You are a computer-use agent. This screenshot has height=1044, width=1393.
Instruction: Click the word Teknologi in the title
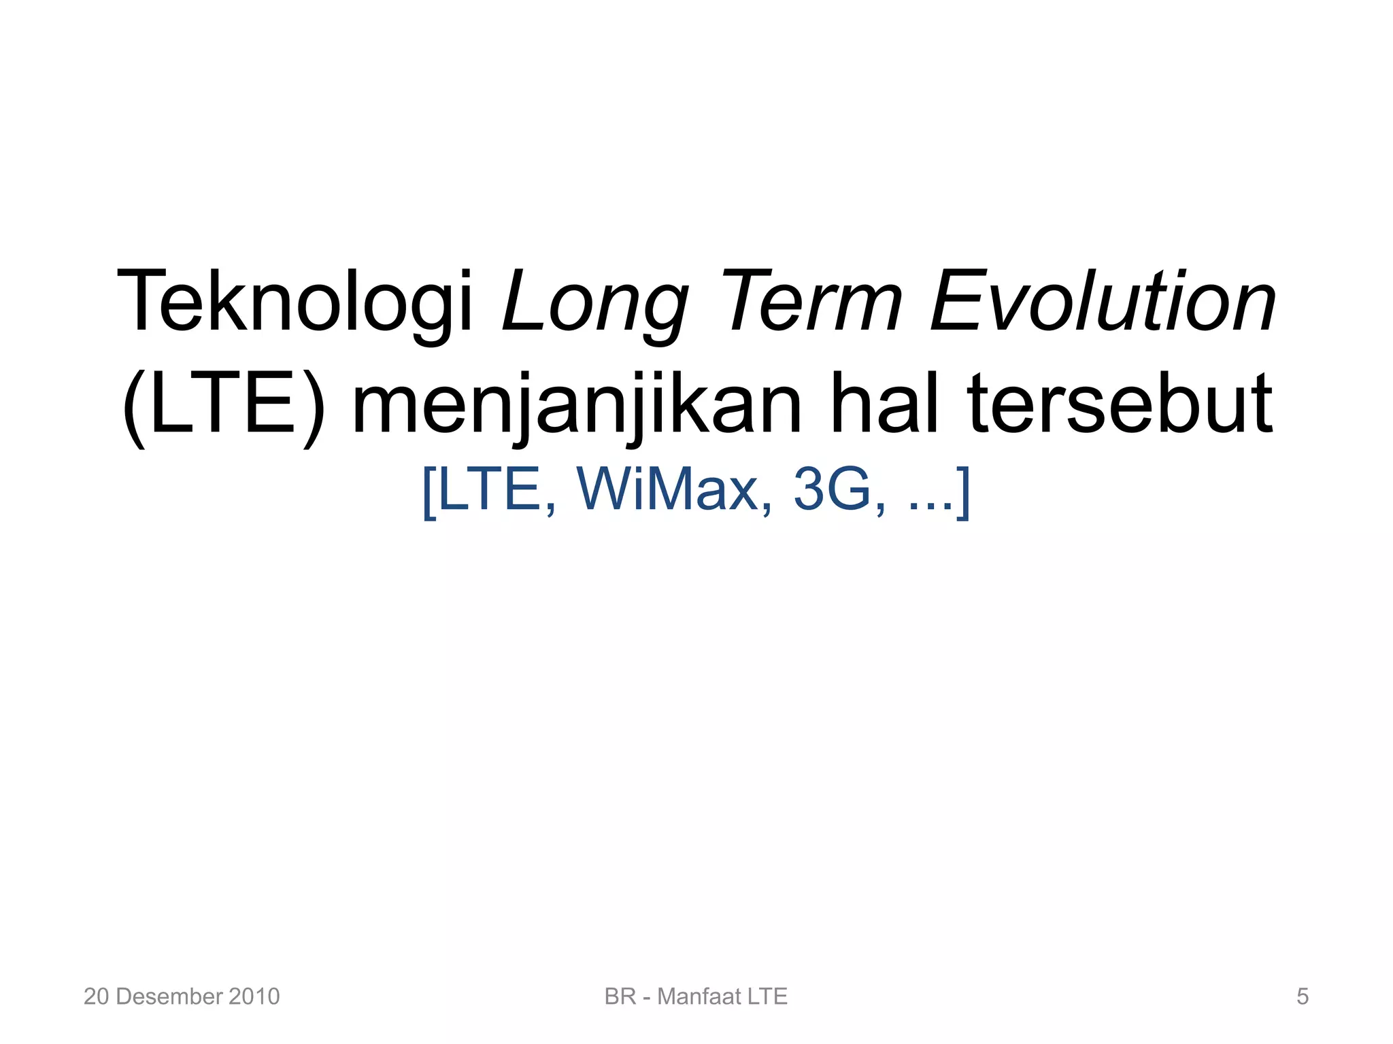pos(294,302)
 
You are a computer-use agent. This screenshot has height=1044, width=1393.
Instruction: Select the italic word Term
pos(815,302)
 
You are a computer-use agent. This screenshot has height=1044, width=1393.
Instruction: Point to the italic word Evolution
pos(1102,302)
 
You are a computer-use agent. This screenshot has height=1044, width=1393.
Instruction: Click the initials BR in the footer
pos(620,996)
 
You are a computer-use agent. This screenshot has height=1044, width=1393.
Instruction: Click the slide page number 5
pos(1302,996)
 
